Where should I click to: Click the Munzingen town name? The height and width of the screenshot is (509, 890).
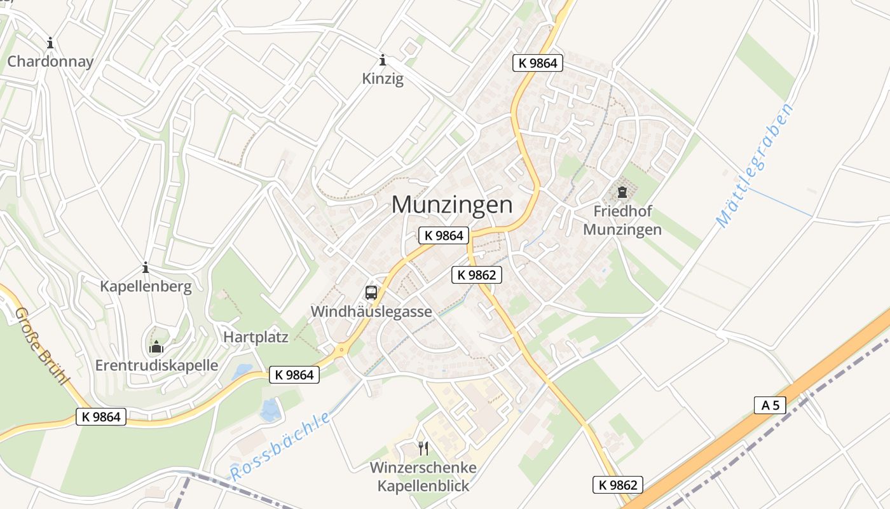pos(452,205)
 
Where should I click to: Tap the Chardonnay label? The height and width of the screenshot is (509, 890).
pos(50,62)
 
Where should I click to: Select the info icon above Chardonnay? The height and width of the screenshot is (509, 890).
pos(50,43)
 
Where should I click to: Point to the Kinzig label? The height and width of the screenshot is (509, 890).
pos(383,79)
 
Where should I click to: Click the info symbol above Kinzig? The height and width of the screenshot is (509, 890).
pos(383,60)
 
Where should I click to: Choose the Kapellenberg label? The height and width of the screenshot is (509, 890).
pos(146,286)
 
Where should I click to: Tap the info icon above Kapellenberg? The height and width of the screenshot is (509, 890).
pos(146,268)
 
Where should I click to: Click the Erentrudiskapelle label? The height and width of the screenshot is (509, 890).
pos(156,365)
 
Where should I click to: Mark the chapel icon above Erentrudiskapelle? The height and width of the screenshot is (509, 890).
pos(156,347)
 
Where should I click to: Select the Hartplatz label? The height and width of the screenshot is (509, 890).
pos(256,337)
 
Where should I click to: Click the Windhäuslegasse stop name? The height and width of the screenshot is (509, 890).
pos(371,312)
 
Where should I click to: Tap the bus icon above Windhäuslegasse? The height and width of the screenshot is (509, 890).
pos(371,293)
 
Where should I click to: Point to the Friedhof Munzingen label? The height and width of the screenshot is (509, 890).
pos(622,220)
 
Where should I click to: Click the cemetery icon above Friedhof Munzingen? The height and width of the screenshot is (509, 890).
pos(622,192)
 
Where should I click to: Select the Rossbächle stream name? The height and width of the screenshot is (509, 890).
pos(280,446)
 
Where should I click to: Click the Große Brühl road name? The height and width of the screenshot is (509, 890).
pos(41,347)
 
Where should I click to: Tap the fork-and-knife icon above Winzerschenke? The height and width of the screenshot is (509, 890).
pos(423,449)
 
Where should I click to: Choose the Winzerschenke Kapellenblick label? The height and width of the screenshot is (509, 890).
pos(423,477)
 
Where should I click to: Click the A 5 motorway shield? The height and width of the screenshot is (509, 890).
pos(770,405)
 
